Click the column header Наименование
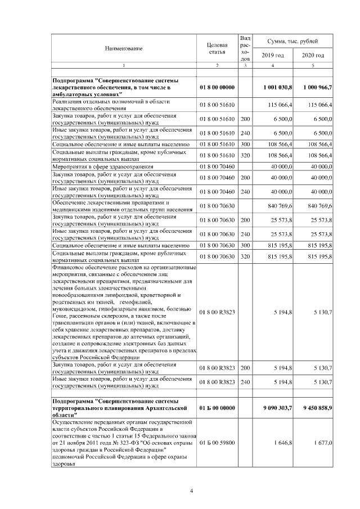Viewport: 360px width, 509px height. [x=123, y=48]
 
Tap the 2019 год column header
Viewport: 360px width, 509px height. [x=273, y=55]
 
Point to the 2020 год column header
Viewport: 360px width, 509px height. [x=313, y=55]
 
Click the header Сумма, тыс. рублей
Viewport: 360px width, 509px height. [x=292, y=42]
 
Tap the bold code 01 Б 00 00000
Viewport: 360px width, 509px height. [x=217, y=407]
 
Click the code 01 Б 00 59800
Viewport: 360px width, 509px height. [x=217, y=443]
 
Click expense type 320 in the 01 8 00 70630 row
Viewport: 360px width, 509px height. [x=245, y=256]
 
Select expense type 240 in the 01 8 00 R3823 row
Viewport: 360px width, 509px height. [x=245, y=382]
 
